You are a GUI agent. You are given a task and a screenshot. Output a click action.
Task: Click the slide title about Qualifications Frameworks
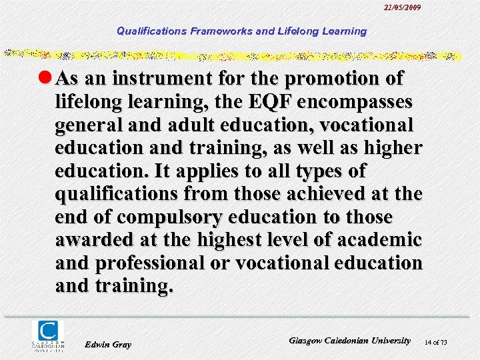tap(241, 31)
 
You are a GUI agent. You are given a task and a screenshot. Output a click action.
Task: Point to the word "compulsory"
tap(159, 217)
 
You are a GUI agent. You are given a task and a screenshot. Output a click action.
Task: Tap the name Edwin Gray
tap(109, 344)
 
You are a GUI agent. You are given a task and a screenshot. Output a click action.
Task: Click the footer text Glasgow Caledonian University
tap(350, 340)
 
